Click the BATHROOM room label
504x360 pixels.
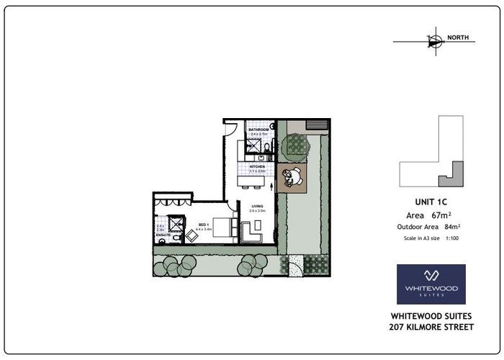click(x=258, y=130)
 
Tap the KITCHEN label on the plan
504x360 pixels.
click(x=258, y=166)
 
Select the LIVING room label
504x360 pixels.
click(x=257, y=206)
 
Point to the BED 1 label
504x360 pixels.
click(x=203, y=225)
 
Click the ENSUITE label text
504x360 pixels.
click(x=163, y=235)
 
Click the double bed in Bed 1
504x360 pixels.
click(x=223, y=227)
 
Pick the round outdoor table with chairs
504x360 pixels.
click(x=293, y=176)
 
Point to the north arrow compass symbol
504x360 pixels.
click(x=433, y=42)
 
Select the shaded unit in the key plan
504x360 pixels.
click(x=454, y=171)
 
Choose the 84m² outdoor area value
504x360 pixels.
click(x=454, y=227)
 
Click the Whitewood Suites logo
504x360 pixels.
click(x=431, y=284)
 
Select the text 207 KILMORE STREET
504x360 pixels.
click(x=431, y=328)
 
